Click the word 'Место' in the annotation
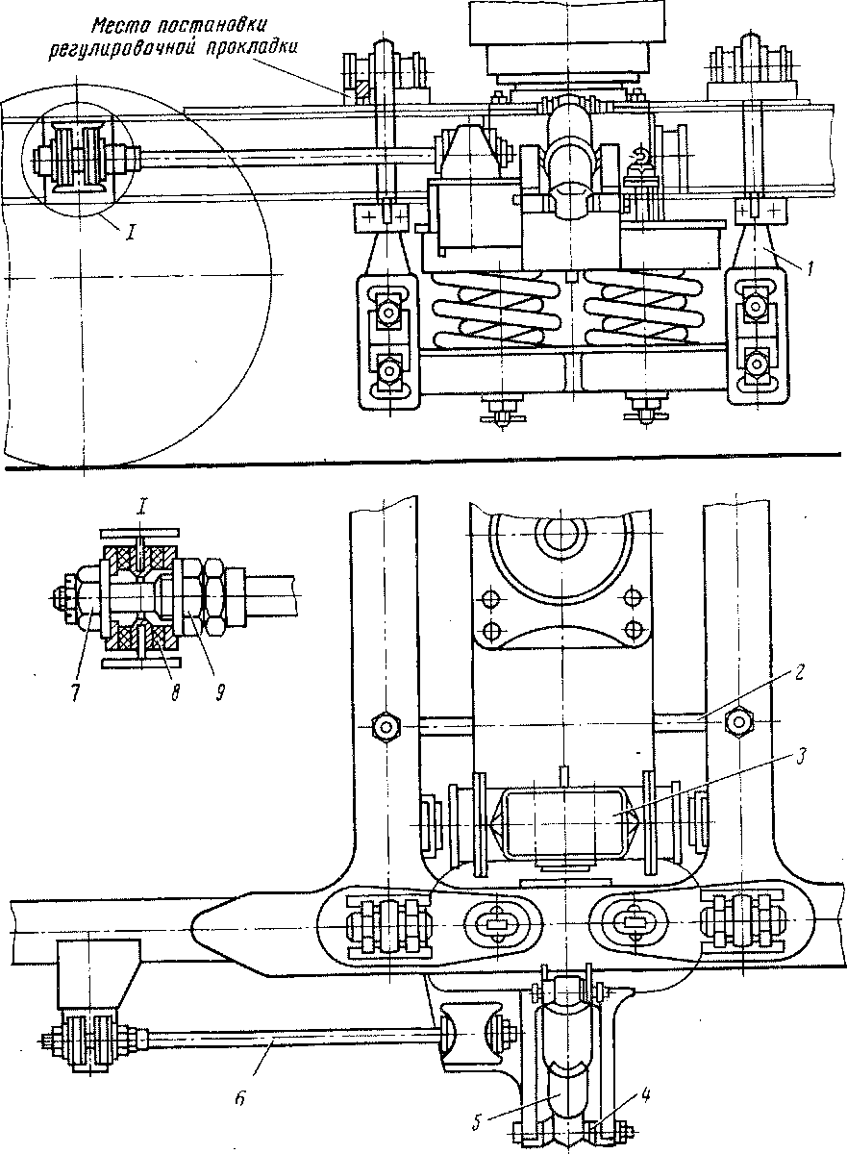121,25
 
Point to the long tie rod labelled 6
288,1041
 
